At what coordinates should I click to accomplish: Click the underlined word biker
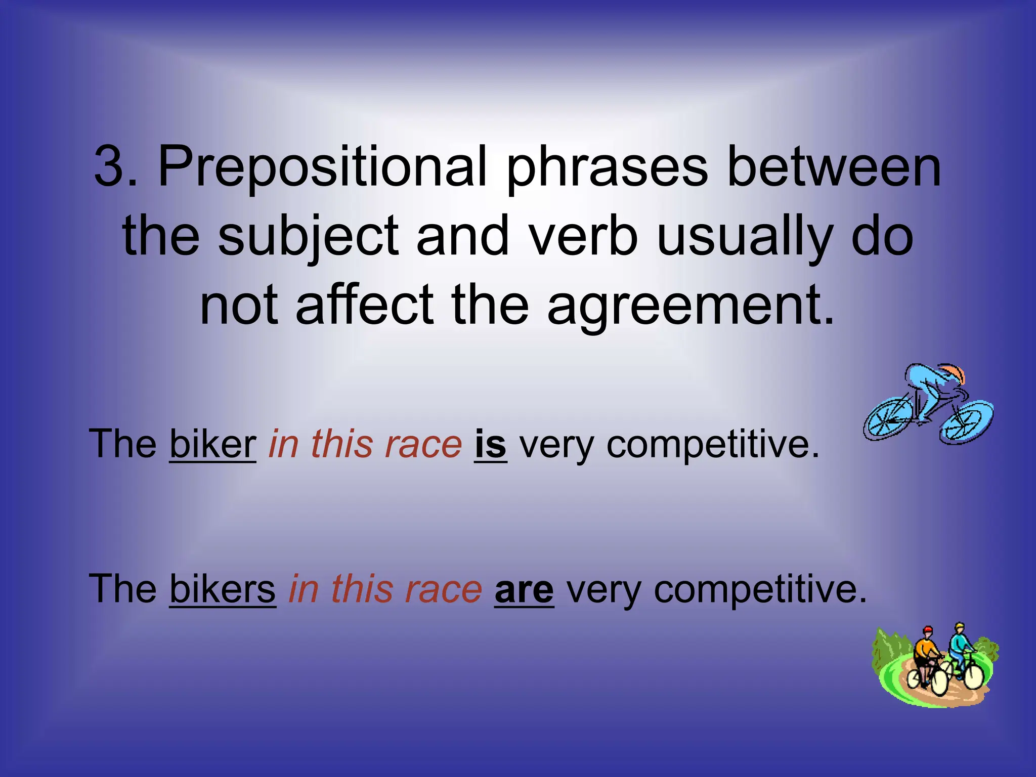(212, 444)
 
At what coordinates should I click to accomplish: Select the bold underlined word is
(490, 444)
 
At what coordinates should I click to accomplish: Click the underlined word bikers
(223, 589)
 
